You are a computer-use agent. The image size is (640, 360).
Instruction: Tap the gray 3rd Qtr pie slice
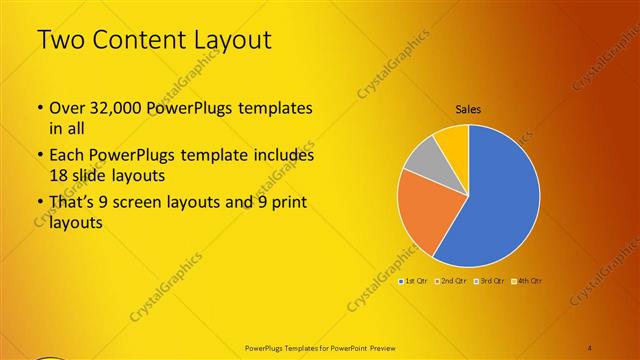click(x=426, y=160)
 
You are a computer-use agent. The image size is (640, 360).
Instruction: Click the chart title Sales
click(x=469, y=109)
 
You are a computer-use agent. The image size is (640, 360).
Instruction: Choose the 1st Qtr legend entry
click(x=415, y=281)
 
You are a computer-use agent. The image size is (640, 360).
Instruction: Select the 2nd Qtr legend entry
click(x=452, y=281)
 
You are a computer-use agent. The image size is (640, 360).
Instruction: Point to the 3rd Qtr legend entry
click(x=490, y=281)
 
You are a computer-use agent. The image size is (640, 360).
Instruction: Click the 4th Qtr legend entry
click(x=527, y=281)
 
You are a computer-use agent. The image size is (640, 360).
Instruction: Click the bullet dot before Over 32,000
click(x=39, y=108)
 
